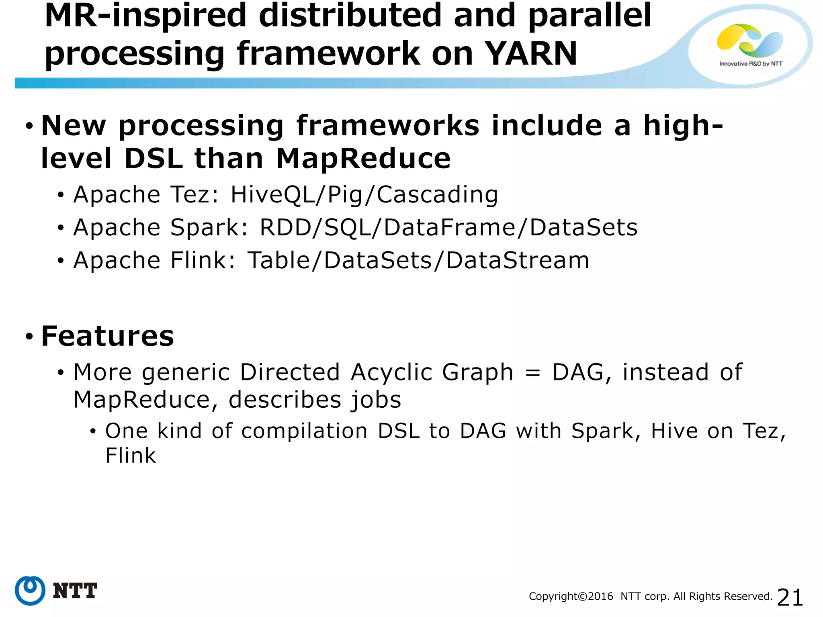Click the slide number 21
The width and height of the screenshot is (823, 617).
[x=790, y=597]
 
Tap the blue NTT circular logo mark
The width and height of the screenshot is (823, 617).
[x=30, y=590]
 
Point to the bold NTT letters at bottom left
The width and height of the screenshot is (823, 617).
[x=75, y=591]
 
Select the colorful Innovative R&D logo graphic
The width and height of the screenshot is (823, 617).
[x=750, y=40]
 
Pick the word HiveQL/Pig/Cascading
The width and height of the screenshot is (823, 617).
[x=364, y=195]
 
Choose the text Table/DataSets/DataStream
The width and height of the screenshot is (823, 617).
[x=418, y=260]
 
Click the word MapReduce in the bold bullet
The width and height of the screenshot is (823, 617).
[x=363, y=158]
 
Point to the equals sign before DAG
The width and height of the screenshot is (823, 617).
[x=533, y=372]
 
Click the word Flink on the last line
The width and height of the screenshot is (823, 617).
[x=131, y=456]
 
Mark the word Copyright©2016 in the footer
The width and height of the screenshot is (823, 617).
[x=571, y=597]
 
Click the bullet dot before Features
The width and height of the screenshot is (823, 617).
[x=29, y=336]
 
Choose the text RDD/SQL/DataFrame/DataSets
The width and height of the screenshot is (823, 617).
[x=448, y=228]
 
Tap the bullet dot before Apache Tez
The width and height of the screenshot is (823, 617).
[x=61, y=196]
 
